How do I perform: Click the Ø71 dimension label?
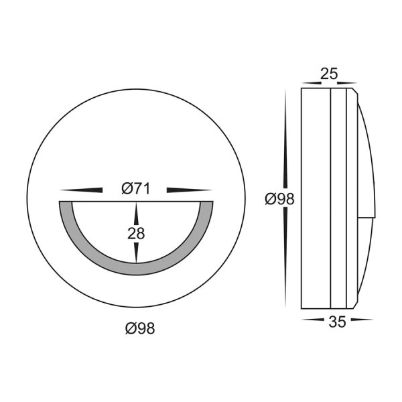coord(135,190)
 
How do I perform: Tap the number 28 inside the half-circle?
coord(136,233)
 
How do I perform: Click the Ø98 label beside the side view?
coord(279,199)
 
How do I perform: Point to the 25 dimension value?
coord(328,74)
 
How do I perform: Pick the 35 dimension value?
coord(338,322)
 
